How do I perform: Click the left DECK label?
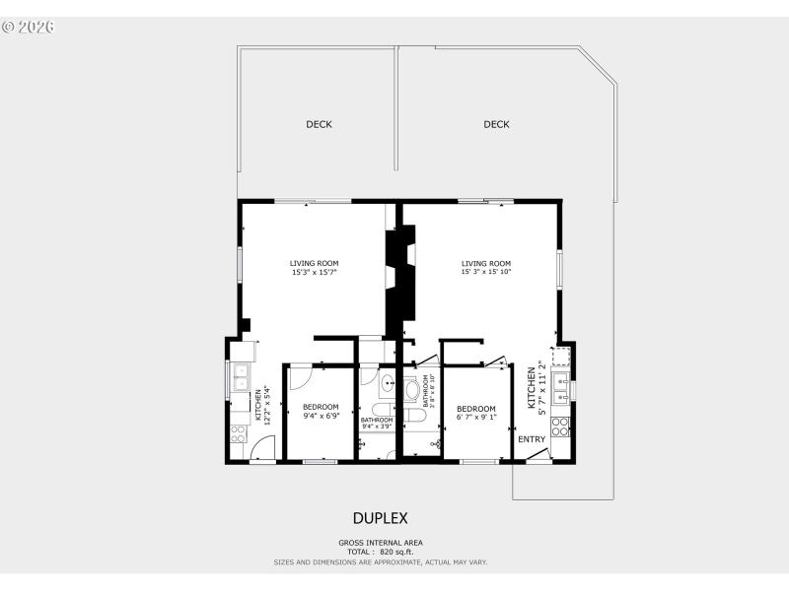pos(319,124)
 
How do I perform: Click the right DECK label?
pos(496,124)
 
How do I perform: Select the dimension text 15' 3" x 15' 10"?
pos(486,272)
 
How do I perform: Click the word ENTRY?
pos(532,439)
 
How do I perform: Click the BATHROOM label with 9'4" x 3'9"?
pos(377,424)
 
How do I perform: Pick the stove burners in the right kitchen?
pos(561,427)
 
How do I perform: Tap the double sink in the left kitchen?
pos(240,377)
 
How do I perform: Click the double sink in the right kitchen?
pos(560,387)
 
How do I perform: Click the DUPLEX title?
pos(380,518)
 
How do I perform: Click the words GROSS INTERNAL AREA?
pos(381,543)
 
